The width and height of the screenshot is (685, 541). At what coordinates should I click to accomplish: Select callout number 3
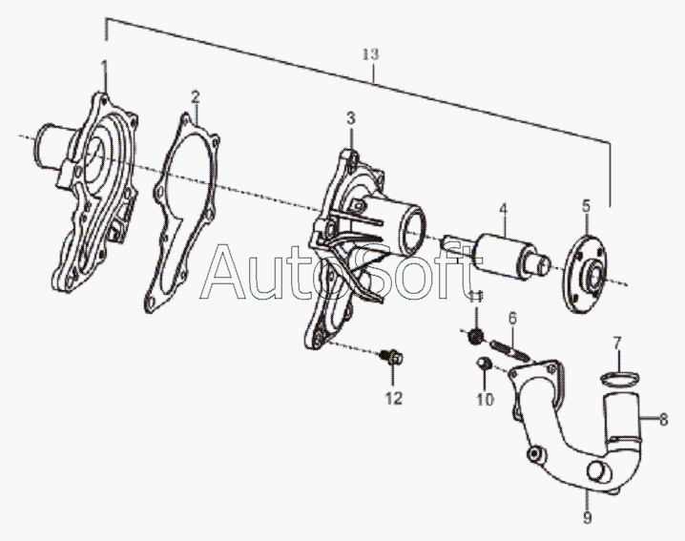click(350, 118)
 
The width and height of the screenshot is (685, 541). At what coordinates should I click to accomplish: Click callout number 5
click(587, 205)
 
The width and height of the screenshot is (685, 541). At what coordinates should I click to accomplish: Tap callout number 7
click(617, 342)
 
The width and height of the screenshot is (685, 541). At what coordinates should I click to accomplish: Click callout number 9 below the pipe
click(588, 518)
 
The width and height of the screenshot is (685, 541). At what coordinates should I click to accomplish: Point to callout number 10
click(486, 400)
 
